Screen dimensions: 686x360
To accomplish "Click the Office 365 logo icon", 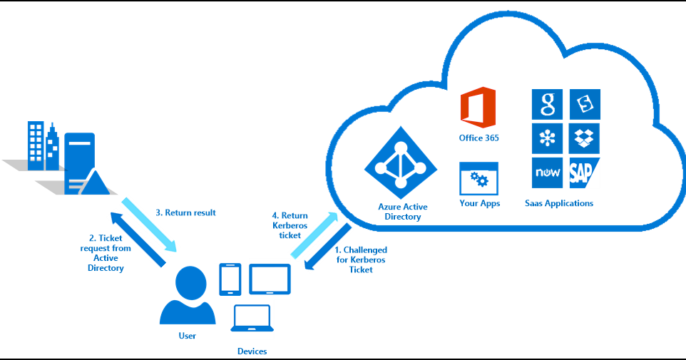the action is tap(478, 108).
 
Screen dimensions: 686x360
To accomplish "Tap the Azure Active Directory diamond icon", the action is tap(401, 163).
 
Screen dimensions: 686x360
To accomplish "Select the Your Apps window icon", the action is tap(478, 179).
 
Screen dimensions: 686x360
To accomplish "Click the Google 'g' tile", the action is tap(547, 105).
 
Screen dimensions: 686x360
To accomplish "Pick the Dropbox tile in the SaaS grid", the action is tap(585, 139).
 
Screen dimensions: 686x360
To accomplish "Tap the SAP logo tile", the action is tap(583, 173).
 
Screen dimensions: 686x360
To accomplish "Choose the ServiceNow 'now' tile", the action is tap(547, 173).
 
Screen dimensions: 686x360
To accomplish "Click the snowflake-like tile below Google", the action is tap(547, 139).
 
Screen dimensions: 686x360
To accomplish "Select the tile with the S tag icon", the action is tap(585, 105).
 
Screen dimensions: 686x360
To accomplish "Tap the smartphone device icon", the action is tap(230, 279).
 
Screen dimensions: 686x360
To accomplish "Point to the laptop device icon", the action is tap(252, 318).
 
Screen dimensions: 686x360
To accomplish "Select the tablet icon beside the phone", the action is tap(270, 279).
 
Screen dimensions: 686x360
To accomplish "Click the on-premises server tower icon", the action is tap(80, 163).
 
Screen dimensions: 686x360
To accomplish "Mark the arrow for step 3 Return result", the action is tap(149, 225).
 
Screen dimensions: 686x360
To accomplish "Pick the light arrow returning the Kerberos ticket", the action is tap(314, 235).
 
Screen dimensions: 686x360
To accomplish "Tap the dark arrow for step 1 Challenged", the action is tap(328, 246).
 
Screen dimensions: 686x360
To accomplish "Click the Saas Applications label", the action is tap(559, 203).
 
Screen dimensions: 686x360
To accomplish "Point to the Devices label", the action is tap(252, 351).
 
